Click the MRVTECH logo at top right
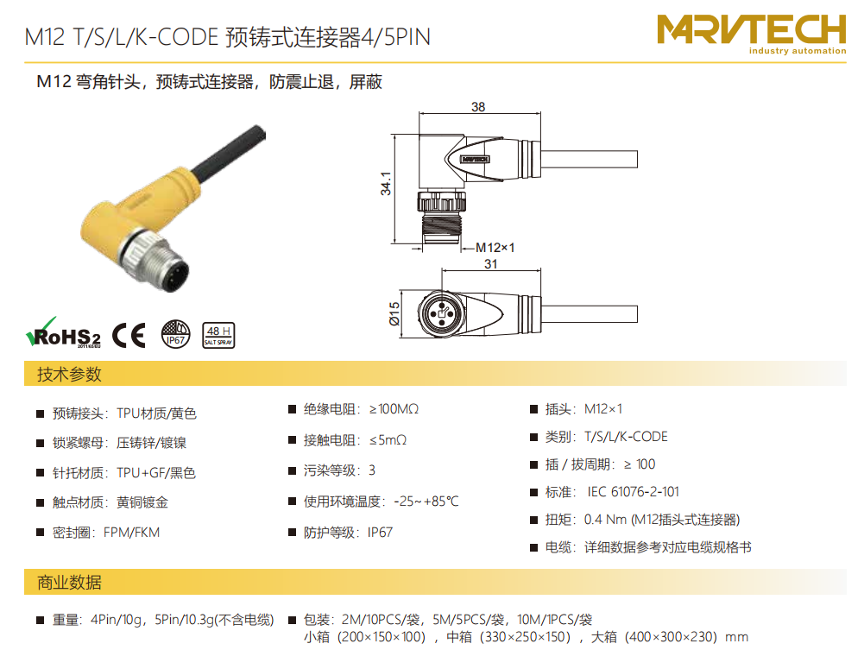752,35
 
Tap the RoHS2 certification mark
63,332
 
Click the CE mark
129,335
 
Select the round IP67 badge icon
176,334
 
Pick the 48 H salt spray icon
218,335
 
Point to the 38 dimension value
478,107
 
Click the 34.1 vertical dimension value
386,183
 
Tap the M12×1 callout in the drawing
495,248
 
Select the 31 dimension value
491,264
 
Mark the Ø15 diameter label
394,313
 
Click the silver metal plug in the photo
156,262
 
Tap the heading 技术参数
69,374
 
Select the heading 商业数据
69,583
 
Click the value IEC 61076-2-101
634,492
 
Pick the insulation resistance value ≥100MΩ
394,409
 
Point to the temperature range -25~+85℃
426,502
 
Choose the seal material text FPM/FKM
132,533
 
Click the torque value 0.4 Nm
606,520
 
